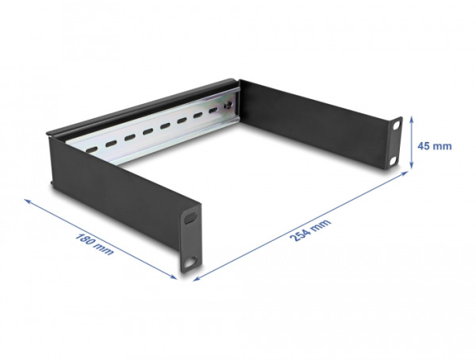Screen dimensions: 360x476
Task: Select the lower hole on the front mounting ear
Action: (190, 259)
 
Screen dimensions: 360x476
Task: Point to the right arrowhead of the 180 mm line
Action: (175, 278)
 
